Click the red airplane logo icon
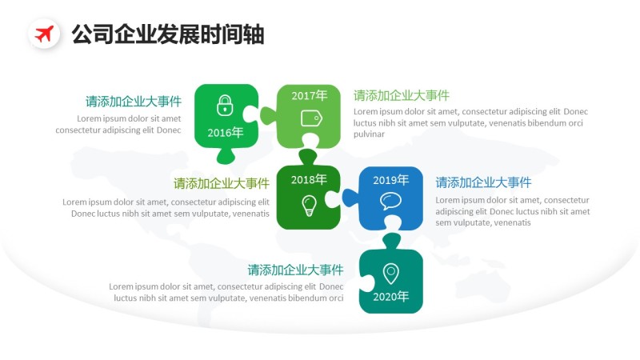tap(44, 34)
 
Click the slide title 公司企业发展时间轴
tap(168, 34)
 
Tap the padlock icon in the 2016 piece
tap(225, 105)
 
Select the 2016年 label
tap(226, 133)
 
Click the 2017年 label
tap(309, 95)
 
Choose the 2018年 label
tap(309, 179)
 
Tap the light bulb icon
tap(309, 206)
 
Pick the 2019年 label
tap(391, 179)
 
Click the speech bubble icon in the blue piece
tap(390, 201)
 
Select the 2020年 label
tap(390, 297)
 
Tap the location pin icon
tap(390, 273)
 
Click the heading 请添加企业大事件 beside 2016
tap(134, 102)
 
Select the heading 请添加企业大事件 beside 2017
tap(402, 96)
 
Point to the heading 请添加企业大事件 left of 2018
tap(222, 183)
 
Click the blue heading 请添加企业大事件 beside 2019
tap(483, 182)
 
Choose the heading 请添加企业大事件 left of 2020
tap(295, 270)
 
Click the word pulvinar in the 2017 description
tap(370, 134)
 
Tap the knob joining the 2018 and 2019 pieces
tap(349, 197)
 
